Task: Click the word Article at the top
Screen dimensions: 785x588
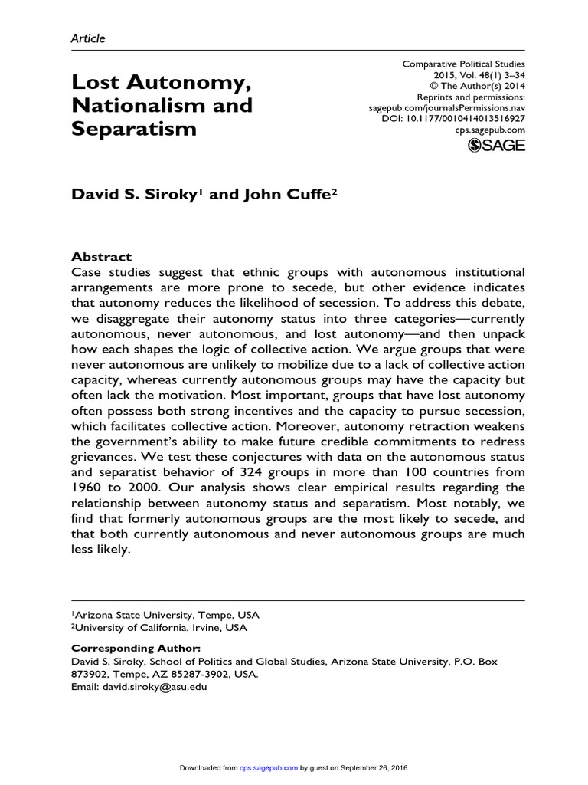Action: (x=87, y=38)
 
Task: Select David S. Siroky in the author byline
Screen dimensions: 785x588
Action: (x=136, y=195)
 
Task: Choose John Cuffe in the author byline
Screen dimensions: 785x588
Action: (x=288, y=195)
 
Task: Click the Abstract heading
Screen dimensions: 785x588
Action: (x=101, y=257)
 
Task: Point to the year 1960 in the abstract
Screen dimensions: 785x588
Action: (x=87, y=488)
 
